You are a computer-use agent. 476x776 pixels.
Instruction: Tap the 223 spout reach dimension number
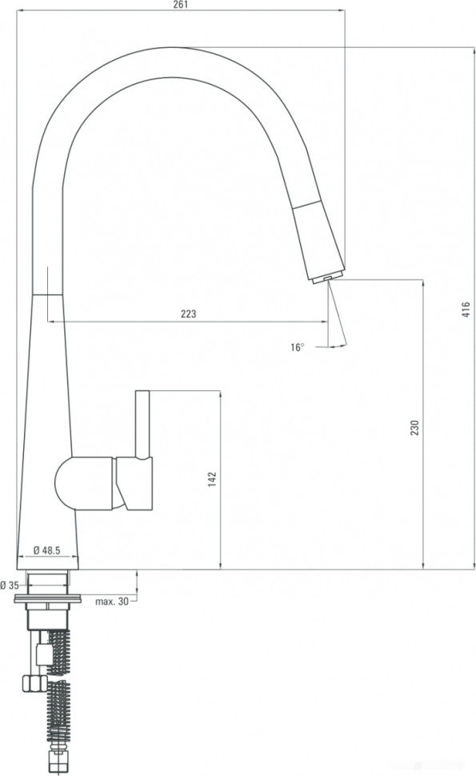point(188,314)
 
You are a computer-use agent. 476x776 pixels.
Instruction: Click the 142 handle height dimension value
point(211,479)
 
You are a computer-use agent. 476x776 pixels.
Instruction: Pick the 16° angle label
point(298,347)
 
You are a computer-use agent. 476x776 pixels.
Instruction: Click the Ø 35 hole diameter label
point(9,584)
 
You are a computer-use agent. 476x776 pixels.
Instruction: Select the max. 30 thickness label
point(111,601)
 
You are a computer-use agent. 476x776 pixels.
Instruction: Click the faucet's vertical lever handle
point(143,424)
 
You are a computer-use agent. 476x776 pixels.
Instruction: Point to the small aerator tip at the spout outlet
point(326,277)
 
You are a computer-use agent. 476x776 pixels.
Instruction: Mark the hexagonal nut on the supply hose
point(34,683)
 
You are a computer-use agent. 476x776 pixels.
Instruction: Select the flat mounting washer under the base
point(48,597)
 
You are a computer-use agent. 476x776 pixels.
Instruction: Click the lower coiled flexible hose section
point(60,716)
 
